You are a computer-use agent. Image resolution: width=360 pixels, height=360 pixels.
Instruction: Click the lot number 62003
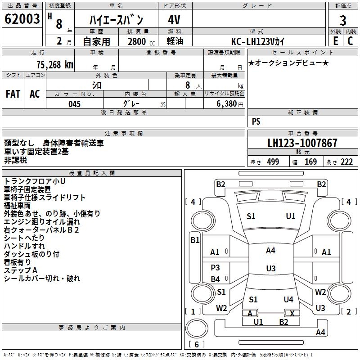22,20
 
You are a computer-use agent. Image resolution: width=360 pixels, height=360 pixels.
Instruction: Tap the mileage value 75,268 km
54,64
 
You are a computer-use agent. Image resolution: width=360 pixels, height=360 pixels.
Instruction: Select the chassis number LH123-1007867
302,143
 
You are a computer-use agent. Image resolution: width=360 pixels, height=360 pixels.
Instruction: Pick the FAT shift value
13,94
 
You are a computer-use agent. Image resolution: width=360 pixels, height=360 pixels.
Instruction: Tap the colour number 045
75,104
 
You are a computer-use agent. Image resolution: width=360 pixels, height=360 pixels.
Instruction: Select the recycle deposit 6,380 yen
229,104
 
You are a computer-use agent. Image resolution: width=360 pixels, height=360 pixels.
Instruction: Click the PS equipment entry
256,121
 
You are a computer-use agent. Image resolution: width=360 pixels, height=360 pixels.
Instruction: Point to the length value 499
273,162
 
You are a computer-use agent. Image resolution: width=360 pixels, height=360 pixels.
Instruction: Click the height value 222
346,162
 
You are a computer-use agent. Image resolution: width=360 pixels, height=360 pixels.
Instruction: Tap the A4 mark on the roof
270,251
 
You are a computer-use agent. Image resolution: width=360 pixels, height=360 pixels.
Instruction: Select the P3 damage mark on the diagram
215,268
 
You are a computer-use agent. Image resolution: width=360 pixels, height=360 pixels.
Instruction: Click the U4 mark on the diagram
288,299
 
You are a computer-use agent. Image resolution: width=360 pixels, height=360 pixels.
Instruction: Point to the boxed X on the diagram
292,313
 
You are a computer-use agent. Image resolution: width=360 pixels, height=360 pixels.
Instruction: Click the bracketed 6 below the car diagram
197,344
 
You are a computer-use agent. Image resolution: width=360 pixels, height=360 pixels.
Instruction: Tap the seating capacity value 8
187,85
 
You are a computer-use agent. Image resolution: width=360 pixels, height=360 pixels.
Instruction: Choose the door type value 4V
175,20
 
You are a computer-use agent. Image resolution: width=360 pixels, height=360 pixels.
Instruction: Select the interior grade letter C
350,40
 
